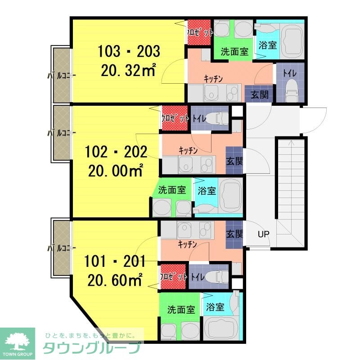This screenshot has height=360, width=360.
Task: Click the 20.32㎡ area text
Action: pos(129,70)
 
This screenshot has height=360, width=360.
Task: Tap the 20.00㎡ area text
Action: pos(116,171)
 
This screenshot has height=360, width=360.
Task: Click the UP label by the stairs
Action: pos(263,234)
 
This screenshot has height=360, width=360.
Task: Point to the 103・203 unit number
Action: pos(129,51)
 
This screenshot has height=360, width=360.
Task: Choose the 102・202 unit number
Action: pos(116,152)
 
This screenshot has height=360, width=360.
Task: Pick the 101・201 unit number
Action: pos(115,261)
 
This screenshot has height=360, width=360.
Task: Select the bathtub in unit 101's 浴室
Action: pos(221,328)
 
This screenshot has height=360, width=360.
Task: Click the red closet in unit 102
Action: pos(174,118)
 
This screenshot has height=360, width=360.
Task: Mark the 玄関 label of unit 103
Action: pos(260,94)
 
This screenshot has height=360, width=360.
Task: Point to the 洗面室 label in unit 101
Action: pos(181,310)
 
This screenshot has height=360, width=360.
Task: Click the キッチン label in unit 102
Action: pos(188,150)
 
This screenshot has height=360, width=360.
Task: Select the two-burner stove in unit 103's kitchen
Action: pos(233,93)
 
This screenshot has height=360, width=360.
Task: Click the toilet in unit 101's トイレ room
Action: pos(216,277)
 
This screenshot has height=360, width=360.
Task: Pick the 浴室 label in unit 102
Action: pos(207,190)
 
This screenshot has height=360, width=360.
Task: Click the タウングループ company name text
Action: pos(92,348)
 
